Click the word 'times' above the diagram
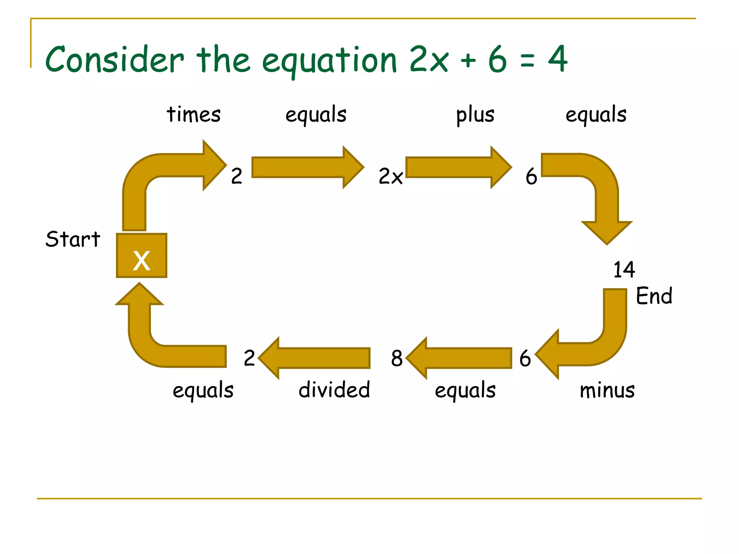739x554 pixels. (x=193, y=115)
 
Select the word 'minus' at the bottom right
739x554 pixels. (x=607, y=390)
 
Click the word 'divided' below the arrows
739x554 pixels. (x=334, y=390)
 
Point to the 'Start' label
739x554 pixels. (x=73, y=239)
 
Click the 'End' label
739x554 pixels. (x=654, y=296)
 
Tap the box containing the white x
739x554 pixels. (x=141, y=256)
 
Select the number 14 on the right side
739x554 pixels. (x=624, y=269)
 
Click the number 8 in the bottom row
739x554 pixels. (x=397, y=358)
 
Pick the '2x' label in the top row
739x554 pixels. (x=390, y=176)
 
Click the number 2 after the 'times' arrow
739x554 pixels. (x=236, y=176)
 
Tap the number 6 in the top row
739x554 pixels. (x=531, y=176)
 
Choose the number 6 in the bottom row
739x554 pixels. (x=525, y=358)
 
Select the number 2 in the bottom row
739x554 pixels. (x=249, y=358)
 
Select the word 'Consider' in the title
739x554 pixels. (x=114, y=59)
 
